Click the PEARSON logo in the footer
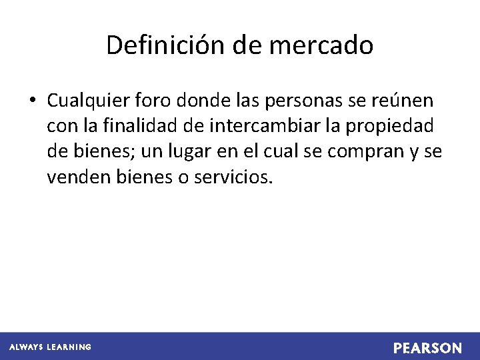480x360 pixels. pos(427,348)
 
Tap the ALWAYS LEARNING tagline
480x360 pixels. pos(50,347)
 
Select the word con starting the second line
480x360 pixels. pos(60,126)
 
